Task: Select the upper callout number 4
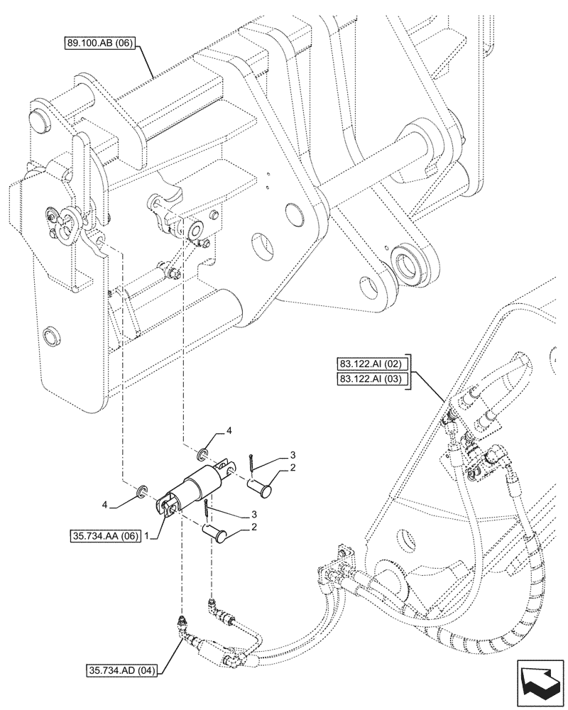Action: [229, 431]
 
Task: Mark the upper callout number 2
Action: [293, 469]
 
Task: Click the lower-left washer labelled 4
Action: [142, 490]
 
